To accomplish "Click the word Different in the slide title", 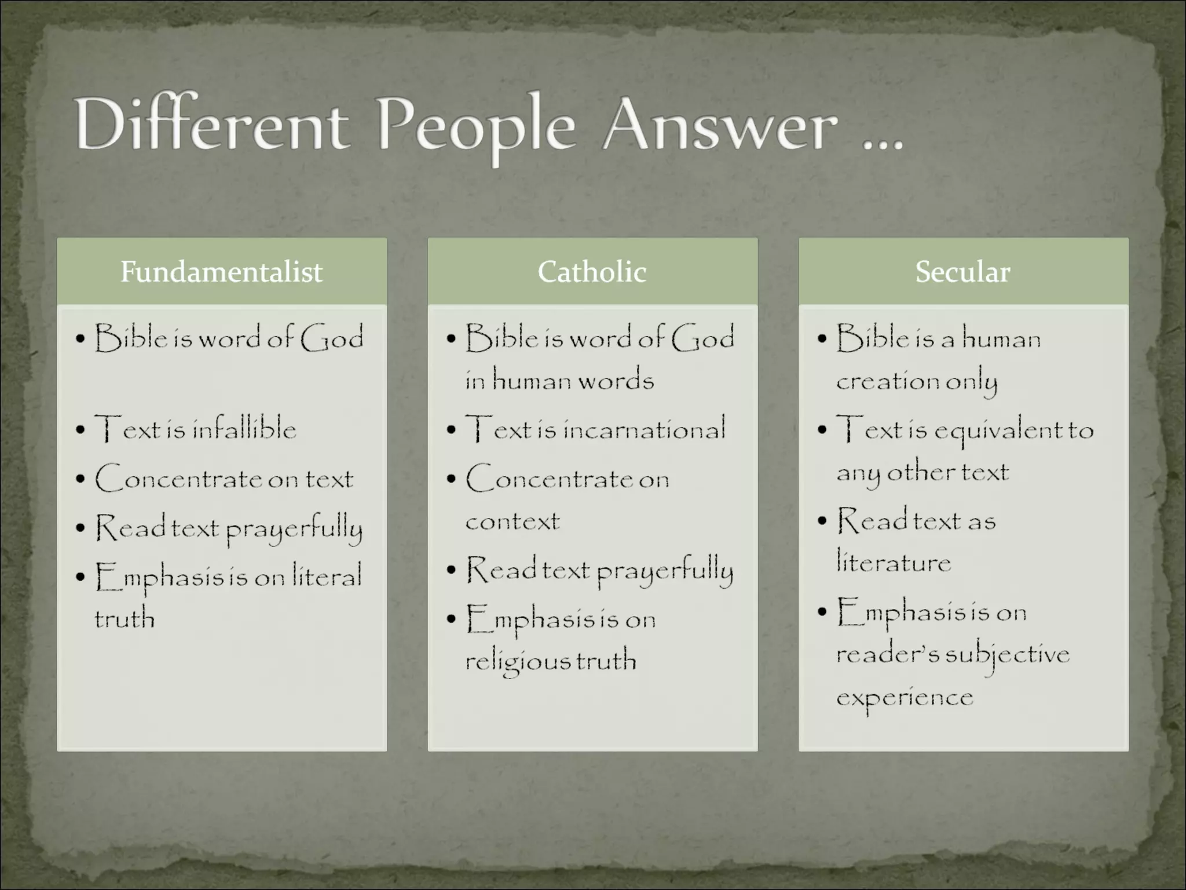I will pyautogui.click(x=211, y=125).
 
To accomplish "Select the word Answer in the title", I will pyautogui.click(x=720, y=125).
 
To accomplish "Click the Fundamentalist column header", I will pyautogui.click(x=221, y=271).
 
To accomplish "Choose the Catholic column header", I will pyautogui.click(x=592, y=271).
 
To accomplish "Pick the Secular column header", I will pyautogui.click(x=962, y=271).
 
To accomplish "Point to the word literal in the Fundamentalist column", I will pyautogui.click(x=327, y=575).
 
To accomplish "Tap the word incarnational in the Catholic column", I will pyautogui.click(x=644, y=429).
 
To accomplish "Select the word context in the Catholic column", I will pyautogui.click(x=513, y=521).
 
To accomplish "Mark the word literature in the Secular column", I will pyautogui.click(x=894, y=562).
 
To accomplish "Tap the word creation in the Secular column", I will pyautogui.click(x=887, y=381).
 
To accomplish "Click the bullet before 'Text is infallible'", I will pyautogui.click(x=80, y=430).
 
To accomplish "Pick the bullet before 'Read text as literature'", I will pyautogui.click(x=822, y=521).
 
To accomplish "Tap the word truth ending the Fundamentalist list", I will pyautogui.click(x=125, y=618).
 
